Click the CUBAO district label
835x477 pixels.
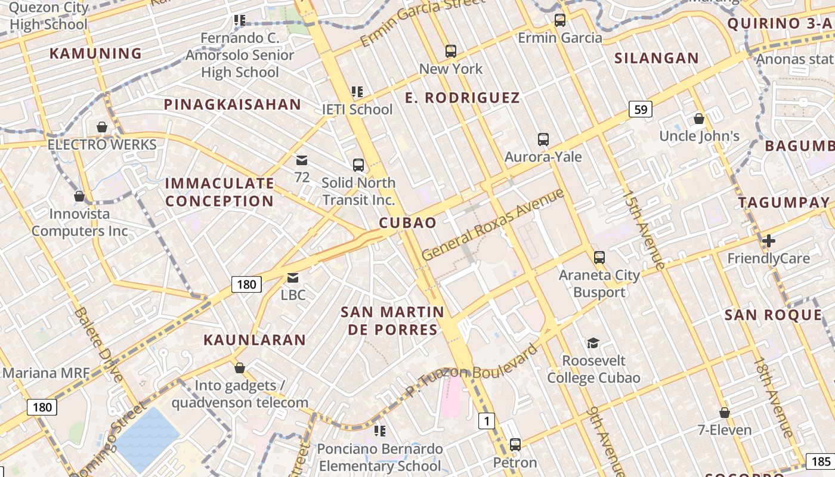(408, 222)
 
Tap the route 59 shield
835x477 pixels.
(641, 110)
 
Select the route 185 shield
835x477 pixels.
(821, 461)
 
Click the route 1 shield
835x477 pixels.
(487, 422)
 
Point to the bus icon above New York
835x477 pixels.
(450, 51)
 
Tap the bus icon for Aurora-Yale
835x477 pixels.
(543, 140)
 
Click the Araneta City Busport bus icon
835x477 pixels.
(599, 258)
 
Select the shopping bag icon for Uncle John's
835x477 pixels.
(699, 119)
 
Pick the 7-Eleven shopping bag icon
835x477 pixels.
(724, 413)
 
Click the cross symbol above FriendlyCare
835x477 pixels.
(769, 241)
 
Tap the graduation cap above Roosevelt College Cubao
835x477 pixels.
(593, 343)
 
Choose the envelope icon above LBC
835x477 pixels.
(293, 278)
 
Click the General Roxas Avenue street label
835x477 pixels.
(493, 225)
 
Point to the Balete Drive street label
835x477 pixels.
(99, 344)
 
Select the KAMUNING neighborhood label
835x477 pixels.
(95, 54)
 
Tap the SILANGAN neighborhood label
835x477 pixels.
(656, 58)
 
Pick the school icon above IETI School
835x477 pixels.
(357, 92)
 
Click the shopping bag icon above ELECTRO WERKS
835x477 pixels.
(102, 127)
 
